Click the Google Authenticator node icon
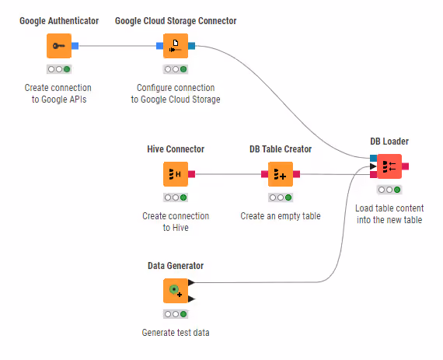(x=59, y=46)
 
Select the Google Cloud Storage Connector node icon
(x=176, y=46)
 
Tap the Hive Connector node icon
(x=176, y=174)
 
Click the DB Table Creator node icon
(x=281, y=174)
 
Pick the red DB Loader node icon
(x=389, y=166)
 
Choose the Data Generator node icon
(x=176, y=291)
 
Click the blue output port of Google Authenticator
(x=75, y=46)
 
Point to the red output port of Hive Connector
(x=191, y=174)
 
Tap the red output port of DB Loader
(x=405, y=166)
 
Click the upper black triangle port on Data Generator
(x=191, y=282)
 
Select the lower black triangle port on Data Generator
(x=191, y=299)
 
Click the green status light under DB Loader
(x=397, y=190)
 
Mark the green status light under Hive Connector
(x=183, y=197)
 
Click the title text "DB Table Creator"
(x=281, y=149)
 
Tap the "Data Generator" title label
(x=176, y=266)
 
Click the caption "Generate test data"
(x=176, y=333)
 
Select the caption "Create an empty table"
(x=281, y=216)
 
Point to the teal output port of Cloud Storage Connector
(x=191, y=46)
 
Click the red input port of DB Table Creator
(x=264, y=174)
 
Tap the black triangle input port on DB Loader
(x=373, y=166)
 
